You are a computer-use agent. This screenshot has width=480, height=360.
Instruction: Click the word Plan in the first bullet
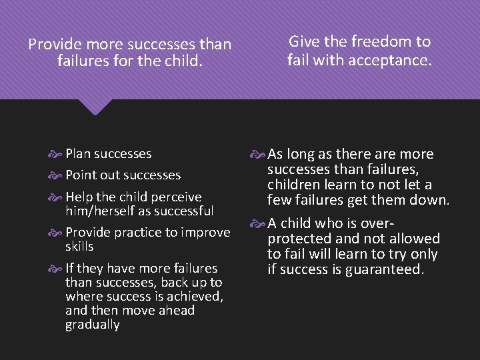click(78, 154)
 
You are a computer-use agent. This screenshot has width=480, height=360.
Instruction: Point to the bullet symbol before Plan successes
click(57, 154)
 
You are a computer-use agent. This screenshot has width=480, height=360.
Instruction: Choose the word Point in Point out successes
click(81, 175)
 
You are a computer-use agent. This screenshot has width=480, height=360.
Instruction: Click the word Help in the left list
click(79, 197)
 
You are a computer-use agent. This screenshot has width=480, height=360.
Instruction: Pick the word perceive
click(176, 197)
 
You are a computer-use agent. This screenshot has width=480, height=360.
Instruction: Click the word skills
click(79, 247)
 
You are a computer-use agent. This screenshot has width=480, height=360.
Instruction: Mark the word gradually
click(92, 325)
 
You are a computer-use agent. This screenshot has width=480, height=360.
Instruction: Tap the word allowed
click(414, 239)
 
